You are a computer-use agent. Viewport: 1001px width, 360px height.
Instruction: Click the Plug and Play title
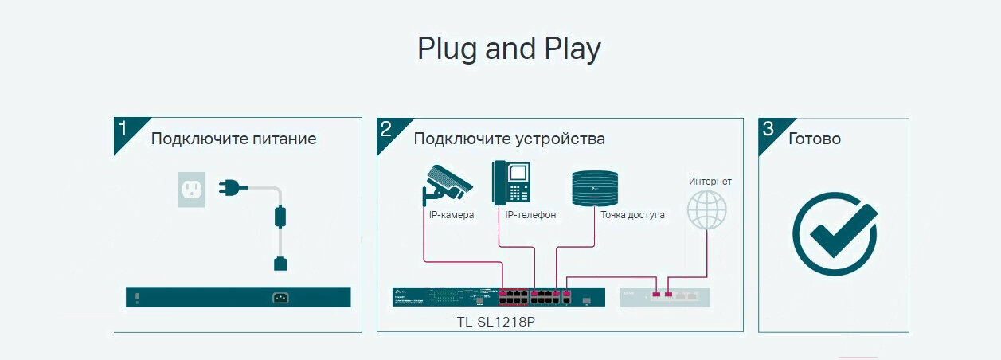(x=509, y=49)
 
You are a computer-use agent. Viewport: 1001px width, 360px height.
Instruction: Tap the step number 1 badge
(x=123, y=129)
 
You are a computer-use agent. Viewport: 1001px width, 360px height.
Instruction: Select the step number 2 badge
(x=385, y=129)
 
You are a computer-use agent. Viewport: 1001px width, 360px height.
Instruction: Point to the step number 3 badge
(x=768, y=129)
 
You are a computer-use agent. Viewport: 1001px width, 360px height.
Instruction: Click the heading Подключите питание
(x=233, y=139)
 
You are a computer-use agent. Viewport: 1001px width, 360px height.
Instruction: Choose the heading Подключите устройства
(x=509, y=139)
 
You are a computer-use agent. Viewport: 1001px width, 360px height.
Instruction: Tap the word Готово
(x=814, y=139)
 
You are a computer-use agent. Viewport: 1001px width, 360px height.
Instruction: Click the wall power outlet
(x=191, y=190)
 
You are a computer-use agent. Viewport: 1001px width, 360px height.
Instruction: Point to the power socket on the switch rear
(x=280, y=298)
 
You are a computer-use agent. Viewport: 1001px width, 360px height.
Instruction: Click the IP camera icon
(x=446, y=183)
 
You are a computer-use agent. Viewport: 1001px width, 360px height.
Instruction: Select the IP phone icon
(x=511, y=182)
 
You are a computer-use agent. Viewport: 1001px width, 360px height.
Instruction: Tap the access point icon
(x=595, y=188)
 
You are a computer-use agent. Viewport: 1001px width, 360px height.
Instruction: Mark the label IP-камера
(x=451, y=215)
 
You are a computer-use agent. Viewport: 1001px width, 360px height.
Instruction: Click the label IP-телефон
(x=530, y=215)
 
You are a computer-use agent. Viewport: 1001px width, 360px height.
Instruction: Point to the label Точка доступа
(x=632, y=215)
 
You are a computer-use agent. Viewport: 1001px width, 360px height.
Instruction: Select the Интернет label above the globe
(x=710, y=182)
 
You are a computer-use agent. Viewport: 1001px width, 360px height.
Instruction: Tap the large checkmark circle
(x=834, y=232)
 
